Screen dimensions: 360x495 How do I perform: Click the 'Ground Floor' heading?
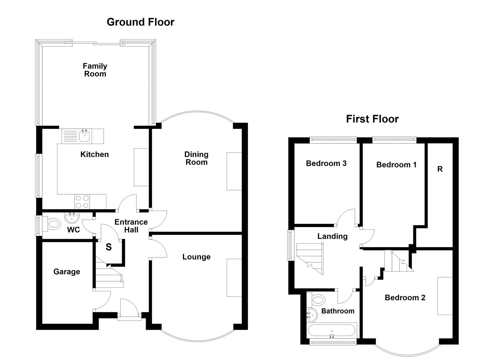tap(140, 22)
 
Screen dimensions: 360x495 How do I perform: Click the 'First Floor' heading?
tap(372, 119)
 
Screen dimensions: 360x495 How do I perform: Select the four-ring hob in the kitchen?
tap(82, 201)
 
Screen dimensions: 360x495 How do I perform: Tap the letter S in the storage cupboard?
tap(109, 247)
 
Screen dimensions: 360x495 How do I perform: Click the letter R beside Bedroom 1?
tap(440, 169)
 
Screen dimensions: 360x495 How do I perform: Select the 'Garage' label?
tap(67, 272)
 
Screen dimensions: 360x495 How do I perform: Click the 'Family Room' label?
tap(95, 70)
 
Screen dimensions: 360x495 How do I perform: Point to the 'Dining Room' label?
tap(196, 158)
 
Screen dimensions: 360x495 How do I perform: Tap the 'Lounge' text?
tap(196, 257)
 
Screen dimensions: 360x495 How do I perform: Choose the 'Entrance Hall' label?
tap(131, 226)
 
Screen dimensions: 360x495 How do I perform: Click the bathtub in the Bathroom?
tap(332, 331)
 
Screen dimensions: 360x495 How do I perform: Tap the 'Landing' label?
tap(332, 236)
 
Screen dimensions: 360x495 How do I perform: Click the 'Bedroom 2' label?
tap(405, 298)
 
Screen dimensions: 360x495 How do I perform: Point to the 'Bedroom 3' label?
tap(326, 163)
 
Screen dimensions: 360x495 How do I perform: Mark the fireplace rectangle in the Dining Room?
tap(234, 171)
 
